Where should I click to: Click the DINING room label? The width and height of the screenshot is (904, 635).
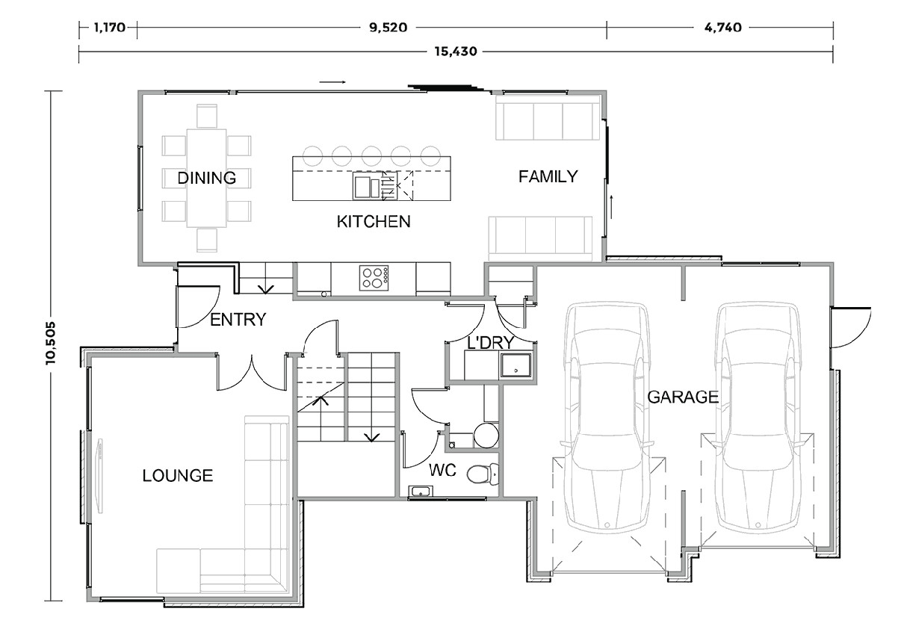pyautogui.click(x=206, y=178)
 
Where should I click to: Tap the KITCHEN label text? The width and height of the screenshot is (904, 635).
pyautogui.click(x=373, y=222)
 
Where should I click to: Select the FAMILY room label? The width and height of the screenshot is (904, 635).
pyautogui.click(x=548, y=176)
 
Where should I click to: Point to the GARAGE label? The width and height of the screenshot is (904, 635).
pyautogui.click(x=682, y=397)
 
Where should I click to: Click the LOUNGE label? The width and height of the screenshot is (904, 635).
pyautogui.click(x=178, y=475)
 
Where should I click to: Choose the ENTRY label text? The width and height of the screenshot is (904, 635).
pyautogui.click(x=238, y=320)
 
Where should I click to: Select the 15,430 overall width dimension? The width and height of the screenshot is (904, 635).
pyautogui.click(x=455, y=52)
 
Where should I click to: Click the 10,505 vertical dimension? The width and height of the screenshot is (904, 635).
pyautogui.click(x=51, y=343)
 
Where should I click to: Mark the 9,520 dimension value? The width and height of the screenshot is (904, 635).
pyautogui.click(x=386, y=28)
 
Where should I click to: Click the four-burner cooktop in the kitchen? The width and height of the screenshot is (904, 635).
pyautogui.click(x=374, y=278)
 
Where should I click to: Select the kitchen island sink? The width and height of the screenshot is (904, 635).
pyautogui.click(x=367, y=186)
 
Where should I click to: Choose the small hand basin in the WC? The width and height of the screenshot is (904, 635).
pyautogui.click(x=420, y=492)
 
